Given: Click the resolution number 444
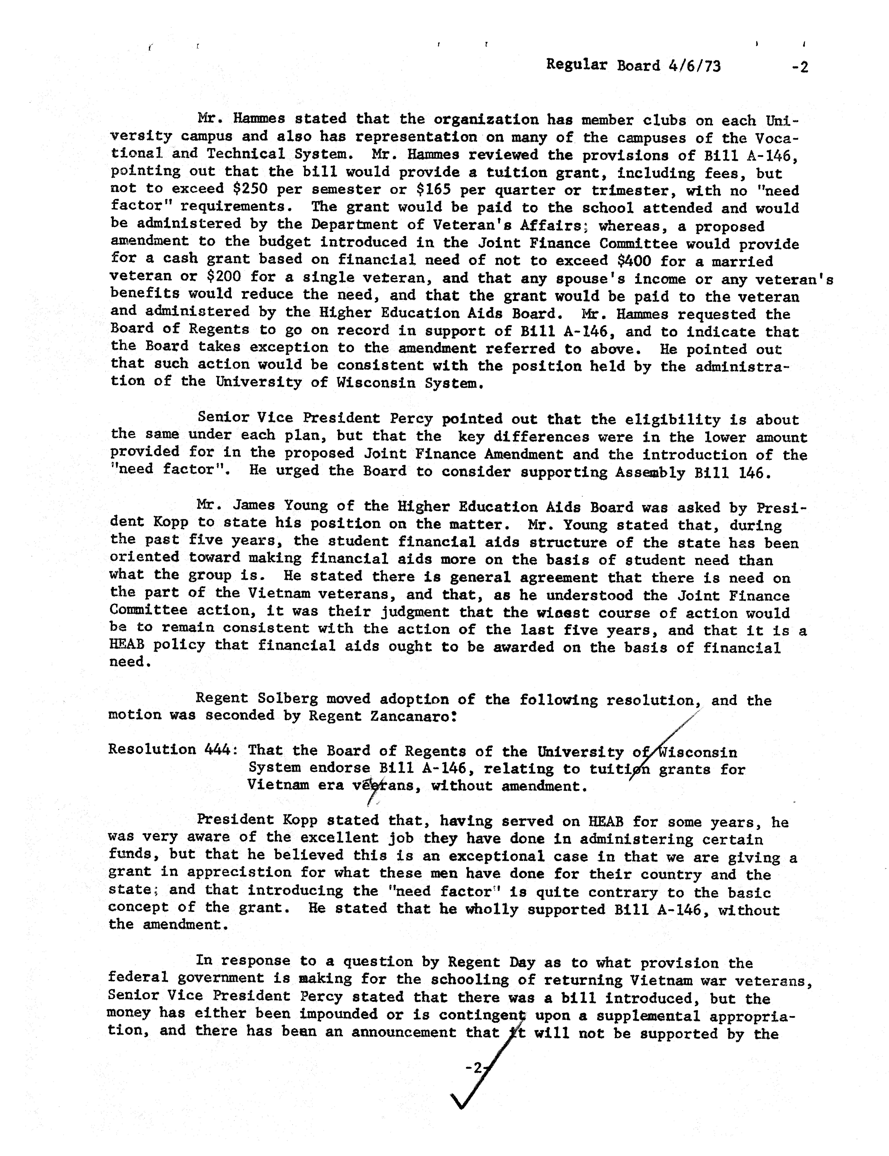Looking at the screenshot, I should click(218, 749).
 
